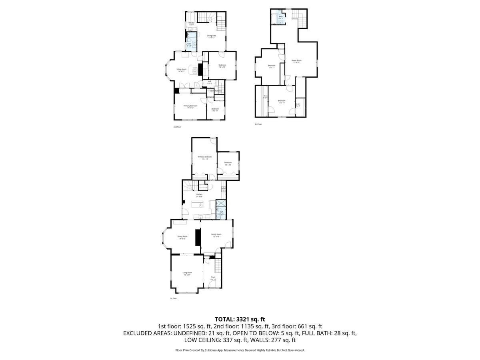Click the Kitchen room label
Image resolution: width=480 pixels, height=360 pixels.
pyautogui.click(x=199, y=195)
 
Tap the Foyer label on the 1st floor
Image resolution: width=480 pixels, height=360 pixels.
pyautogui.click(x=213, y=277)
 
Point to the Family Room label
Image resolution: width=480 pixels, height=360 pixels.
pyautogui.click(x=216, y=235)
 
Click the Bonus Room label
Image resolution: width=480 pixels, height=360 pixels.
pyautogui.click(x=296, y=61)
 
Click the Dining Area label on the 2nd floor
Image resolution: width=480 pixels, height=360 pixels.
pyautogui.click(x=212, y=36)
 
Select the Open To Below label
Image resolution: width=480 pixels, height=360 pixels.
pyautogui.click(x=216, y=91)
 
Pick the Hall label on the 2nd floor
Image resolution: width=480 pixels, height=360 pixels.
pyautogui.click(x=210, y=82)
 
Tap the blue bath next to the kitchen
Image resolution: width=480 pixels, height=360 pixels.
pyautogui.click(x=221, y=212)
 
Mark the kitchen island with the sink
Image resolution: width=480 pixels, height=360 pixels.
pyautogui.click(x=197, y=205)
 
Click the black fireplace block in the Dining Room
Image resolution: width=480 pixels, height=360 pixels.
pyautogui.click(x=197, y=238)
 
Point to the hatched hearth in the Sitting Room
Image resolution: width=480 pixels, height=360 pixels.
pyautogui.click(x=195, y=70)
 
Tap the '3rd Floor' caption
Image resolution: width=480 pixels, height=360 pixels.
pyautogui.click(x=258, y=124)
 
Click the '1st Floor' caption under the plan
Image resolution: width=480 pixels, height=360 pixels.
pyautogui.click(x=173, y=298)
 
